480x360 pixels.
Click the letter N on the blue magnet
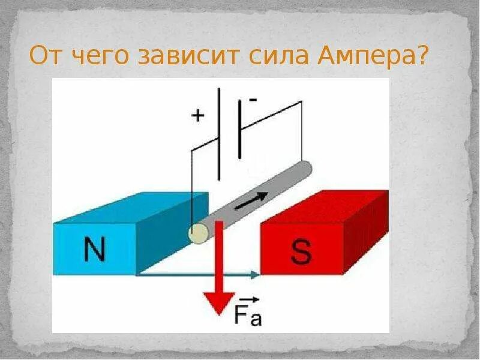click(94, 249)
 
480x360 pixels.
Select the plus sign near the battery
click(197, 115)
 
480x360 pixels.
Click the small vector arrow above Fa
click(251, 298)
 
